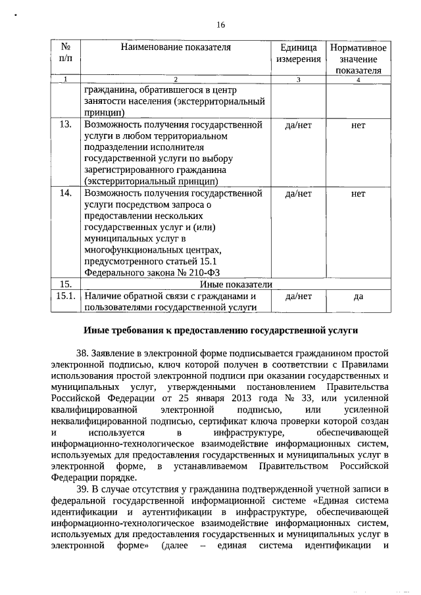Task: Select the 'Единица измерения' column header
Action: click(299, 53)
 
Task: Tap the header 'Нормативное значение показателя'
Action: click(358, 59)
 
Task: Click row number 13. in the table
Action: click(65, 125)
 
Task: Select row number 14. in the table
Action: click(65, 194)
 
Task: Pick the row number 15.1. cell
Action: click(66, 297)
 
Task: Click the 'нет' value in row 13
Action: click(358, 125)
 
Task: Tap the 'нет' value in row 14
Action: click(358, 194)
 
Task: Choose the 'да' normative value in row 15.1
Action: click(358, 297)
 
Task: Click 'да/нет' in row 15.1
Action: click(299, 297)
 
